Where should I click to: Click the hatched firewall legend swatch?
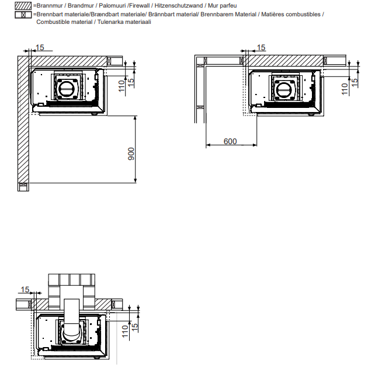coord(23,6)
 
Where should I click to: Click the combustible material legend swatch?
coord(23,15)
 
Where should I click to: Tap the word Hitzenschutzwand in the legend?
coord(179,6)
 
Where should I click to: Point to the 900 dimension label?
coord(131,154)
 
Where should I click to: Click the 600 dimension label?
coord(230,141)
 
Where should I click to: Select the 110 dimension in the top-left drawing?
coord(121,86)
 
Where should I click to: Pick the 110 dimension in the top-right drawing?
coord(345,89)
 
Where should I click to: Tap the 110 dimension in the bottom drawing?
coord(125,331)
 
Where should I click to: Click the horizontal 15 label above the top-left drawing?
coord(40,48)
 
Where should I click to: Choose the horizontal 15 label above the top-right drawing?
coord(261,48)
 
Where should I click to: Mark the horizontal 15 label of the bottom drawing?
coord(25,289)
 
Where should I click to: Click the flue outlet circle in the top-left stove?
coord(67,89)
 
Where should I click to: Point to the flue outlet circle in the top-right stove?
coord(283,90)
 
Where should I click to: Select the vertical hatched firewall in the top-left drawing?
coord(23,120)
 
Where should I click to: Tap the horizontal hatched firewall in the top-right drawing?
coord(284,61)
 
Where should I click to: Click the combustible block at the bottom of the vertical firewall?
coord(23,187)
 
